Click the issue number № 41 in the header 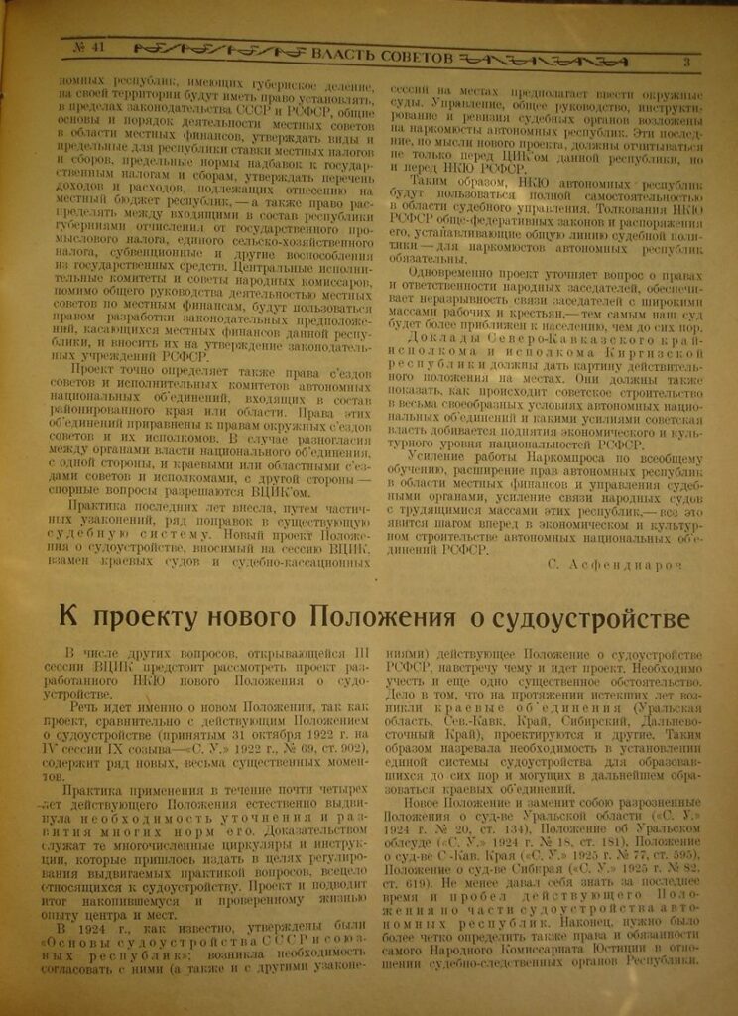pyautogui.click(x=89, y=46)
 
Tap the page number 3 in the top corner pyautogui.click(x=685, y=63)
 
